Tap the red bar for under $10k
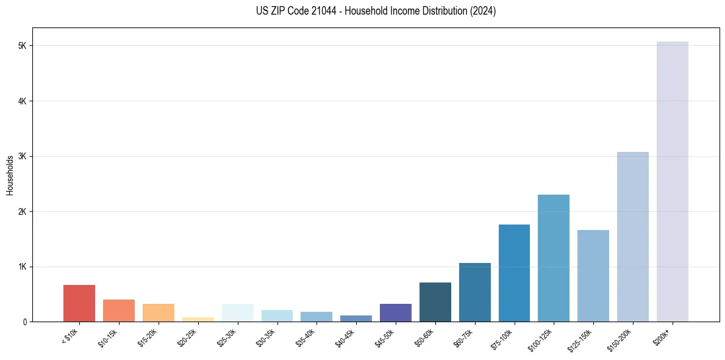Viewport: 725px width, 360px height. (x=79, y=303)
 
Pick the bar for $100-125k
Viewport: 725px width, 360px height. (x=554, y=258)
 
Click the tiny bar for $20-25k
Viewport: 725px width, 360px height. (x=198, y=319)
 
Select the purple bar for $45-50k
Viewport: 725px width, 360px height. (x=395, y=312)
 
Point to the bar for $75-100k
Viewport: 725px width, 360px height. (x=514, y=273)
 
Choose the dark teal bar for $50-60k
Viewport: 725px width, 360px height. (x=435, y=302)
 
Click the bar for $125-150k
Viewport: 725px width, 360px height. (x=593, y=276)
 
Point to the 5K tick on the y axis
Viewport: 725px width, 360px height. (x=23, y=46)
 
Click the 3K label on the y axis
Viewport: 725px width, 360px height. (x=23, y=156)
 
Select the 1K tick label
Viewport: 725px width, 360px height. (x=23, y=267)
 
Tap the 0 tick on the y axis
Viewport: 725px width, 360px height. (x=26, y=322)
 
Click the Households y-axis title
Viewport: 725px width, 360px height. (x=10, y=175)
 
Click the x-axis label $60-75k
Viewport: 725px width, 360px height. (x=465, y=337)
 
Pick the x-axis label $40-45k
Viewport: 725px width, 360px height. (x=346, y=337)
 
